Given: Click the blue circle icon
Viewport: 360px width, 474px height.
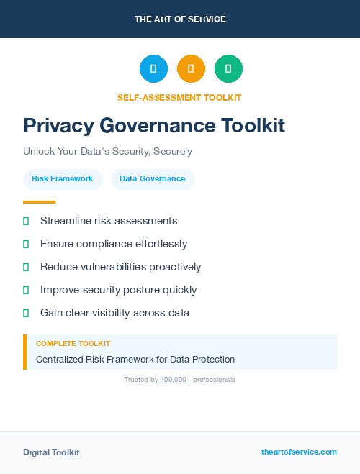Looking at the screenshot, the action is (x=153, y=69).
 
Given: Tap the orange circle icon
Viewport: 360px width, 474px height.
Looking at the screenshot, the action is (x=191, y=69).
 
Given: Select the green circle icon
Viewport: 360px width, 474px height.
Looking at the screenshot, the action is (x=228, y=69).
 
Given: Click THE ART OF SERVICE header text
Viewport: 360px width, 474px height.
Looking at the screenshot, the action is (x=180, y=19).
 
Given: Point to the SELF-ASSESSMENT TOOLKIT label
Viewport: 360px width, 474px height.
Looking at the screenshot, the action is (x=179, y=97).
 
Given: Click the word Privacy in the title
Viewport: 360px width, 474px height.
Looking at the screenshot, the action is (x=58, y=126).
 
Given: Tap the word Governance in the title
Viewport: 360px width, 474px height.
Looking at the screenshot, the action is (x=156, y=126).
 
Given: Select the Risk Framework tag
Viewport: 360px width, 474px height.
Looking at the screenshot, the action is (x=63, y=178).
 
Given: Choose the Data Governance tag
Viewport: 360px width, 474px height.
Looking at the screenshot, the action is (x=153, y=178).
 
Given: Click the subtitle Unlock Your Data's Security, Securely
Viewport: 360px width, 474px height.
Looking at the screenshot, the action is (x=107, y=152).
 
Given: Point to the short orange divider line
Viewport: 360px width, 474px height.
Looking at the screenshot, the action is (x=39, y=202).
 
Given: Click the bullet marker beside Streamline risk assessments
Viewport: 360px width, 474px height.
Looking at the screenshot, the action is (x=26, y=221).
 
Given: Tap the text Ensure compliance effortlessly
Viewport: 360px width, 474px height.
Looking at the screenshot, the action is (x=114, y=244).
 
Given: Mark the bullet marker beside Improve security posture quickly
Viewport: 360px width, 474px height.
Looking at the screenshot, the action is (x=26, y=290).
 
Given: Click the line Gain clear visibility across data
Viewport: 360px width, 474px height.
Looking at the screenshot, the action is (x=114, y=313).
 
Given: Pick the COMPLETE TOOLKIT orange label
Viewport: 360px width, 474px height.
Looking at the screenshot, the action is (x=73, y=344).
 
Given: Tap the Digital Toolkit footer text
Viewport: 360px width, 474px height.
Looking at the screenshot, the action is (x=51, y=452).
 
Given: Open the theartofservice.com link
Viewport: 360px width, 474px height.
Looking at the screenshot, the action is (x=299, y=452).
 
